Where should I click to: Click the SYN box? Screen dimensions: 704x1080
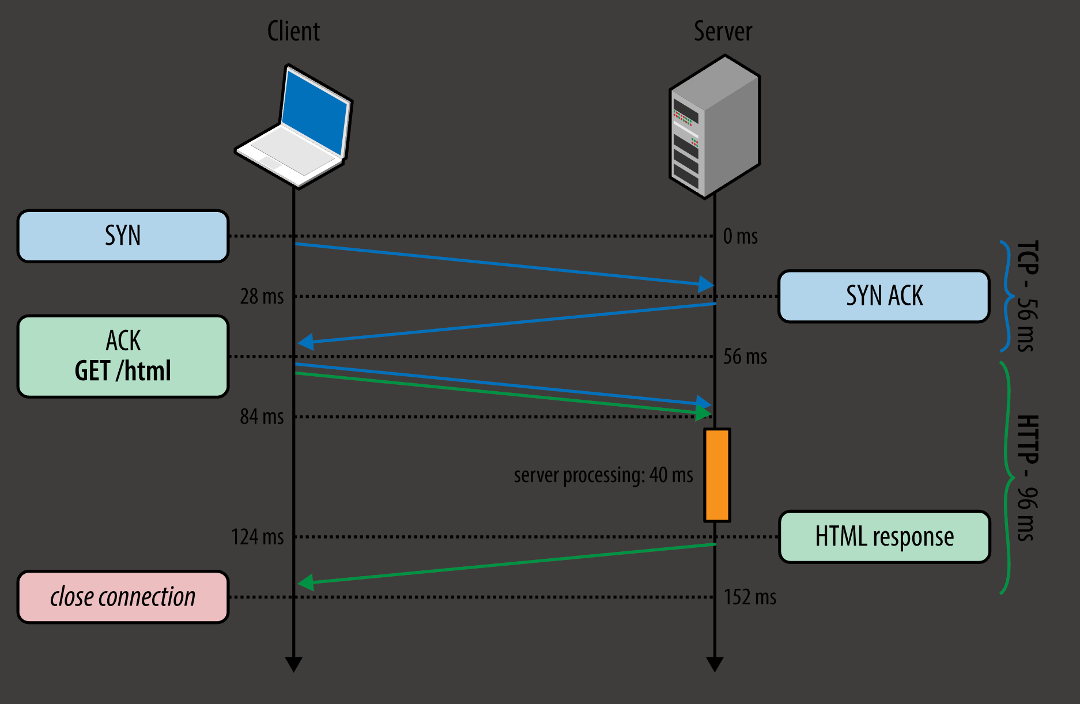(123, 236)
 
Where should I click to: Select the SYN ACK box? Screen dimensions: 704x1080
(883, 296)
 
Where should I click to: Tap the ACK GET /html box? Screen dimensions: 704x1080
(123, 356)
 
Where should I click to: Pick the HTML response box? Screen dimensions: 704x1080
(884, 537)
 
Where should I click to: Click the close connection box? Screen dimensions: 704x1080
(123, 597)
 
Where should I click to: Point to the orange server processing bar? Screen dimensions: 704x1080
(717, 475)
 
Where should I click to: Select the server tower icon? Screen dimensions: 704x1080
(715, 127)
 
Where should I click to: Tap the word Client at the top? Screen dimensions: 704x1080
(293, 31)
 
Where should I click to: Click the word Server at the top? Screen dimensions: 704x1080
(723, 31)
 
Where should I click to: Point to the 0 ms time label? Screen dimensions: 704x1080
(741, 236)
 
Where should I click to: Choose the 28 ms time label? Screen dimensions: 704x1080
(262, 297)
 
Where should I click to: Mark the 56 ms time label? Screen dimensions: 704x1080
(745, 357)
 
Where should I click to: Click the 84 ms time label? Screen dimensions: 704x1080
(262, 417)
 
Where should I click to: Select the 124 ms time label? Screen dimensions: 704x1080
(258, 537)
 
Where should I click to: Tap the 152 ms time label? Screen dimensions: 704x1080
(750, 597)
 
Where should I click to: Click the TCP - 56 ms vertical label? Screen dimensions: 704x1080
(1026, 296)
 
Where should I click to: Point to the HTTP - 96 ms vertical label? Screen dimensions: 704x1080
(1026, 478)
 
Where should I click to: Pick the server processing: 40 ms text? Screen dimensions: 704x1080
(603, 475)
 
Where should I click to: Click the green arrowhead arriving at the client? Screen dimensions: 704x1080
(306, 582)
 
